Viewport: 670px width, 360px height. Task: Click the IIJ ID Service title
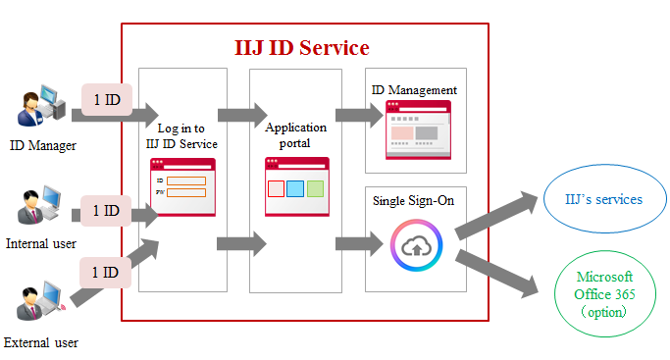click(302, 47)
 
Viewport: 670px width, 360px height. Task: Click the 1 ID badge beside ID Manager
click(106, 100)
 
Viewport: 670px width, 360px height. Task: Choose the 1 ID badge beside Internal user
click(106, 210)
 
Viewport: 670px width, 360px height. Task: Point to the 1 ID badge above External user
click(106, 272)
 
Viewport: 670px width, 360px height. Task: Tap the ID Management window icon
click(418, 129)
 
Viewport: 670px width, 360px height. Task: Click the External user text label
click(41, 343)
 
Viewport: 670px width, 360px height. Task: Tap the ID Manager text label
click(42, 146)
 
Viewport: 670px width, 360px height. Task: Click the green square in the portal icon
click(315, 187)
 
